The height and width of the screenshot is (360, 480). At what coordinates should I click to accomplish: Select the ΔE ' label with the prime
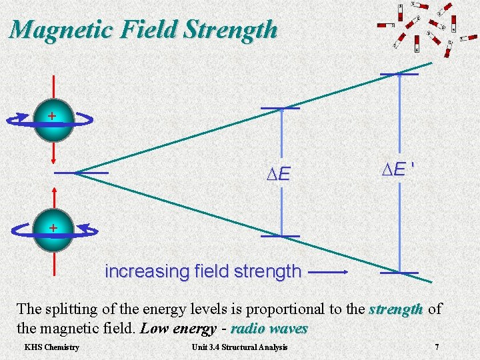coord(399,170)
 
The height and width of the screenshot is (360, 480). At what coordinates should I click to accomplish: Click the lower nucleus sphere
coord(53,230)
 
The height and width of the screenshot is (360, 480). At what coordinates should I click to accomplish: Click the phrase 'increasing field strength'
coord(203,272)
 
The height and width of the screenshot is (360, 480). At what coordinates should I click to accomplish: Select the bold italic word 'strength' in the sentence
coord(396,309)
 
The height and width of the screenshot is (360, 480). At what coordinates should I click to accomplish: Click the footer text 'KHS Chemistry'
coord(52,347)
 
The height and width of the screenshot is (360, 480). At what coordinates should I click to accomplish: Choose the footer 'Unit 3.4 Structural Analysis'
coord(239,347)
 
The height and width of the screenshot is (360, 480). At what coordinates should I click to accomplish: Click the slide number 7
coord(437,347)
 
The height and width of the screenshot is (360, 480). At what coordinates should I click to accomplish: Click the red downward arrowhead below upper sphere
coord(53,159)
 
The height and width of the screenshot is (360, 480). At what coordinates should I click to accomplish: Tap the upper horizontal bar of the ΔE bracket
coord(281,108)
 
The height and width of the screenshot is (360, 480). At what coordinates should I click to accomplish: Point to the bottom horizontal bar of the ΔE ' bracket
coord(399,273)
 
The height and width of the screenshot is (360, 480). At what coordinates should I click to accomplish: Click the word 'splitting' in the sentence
coord(71,309)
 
